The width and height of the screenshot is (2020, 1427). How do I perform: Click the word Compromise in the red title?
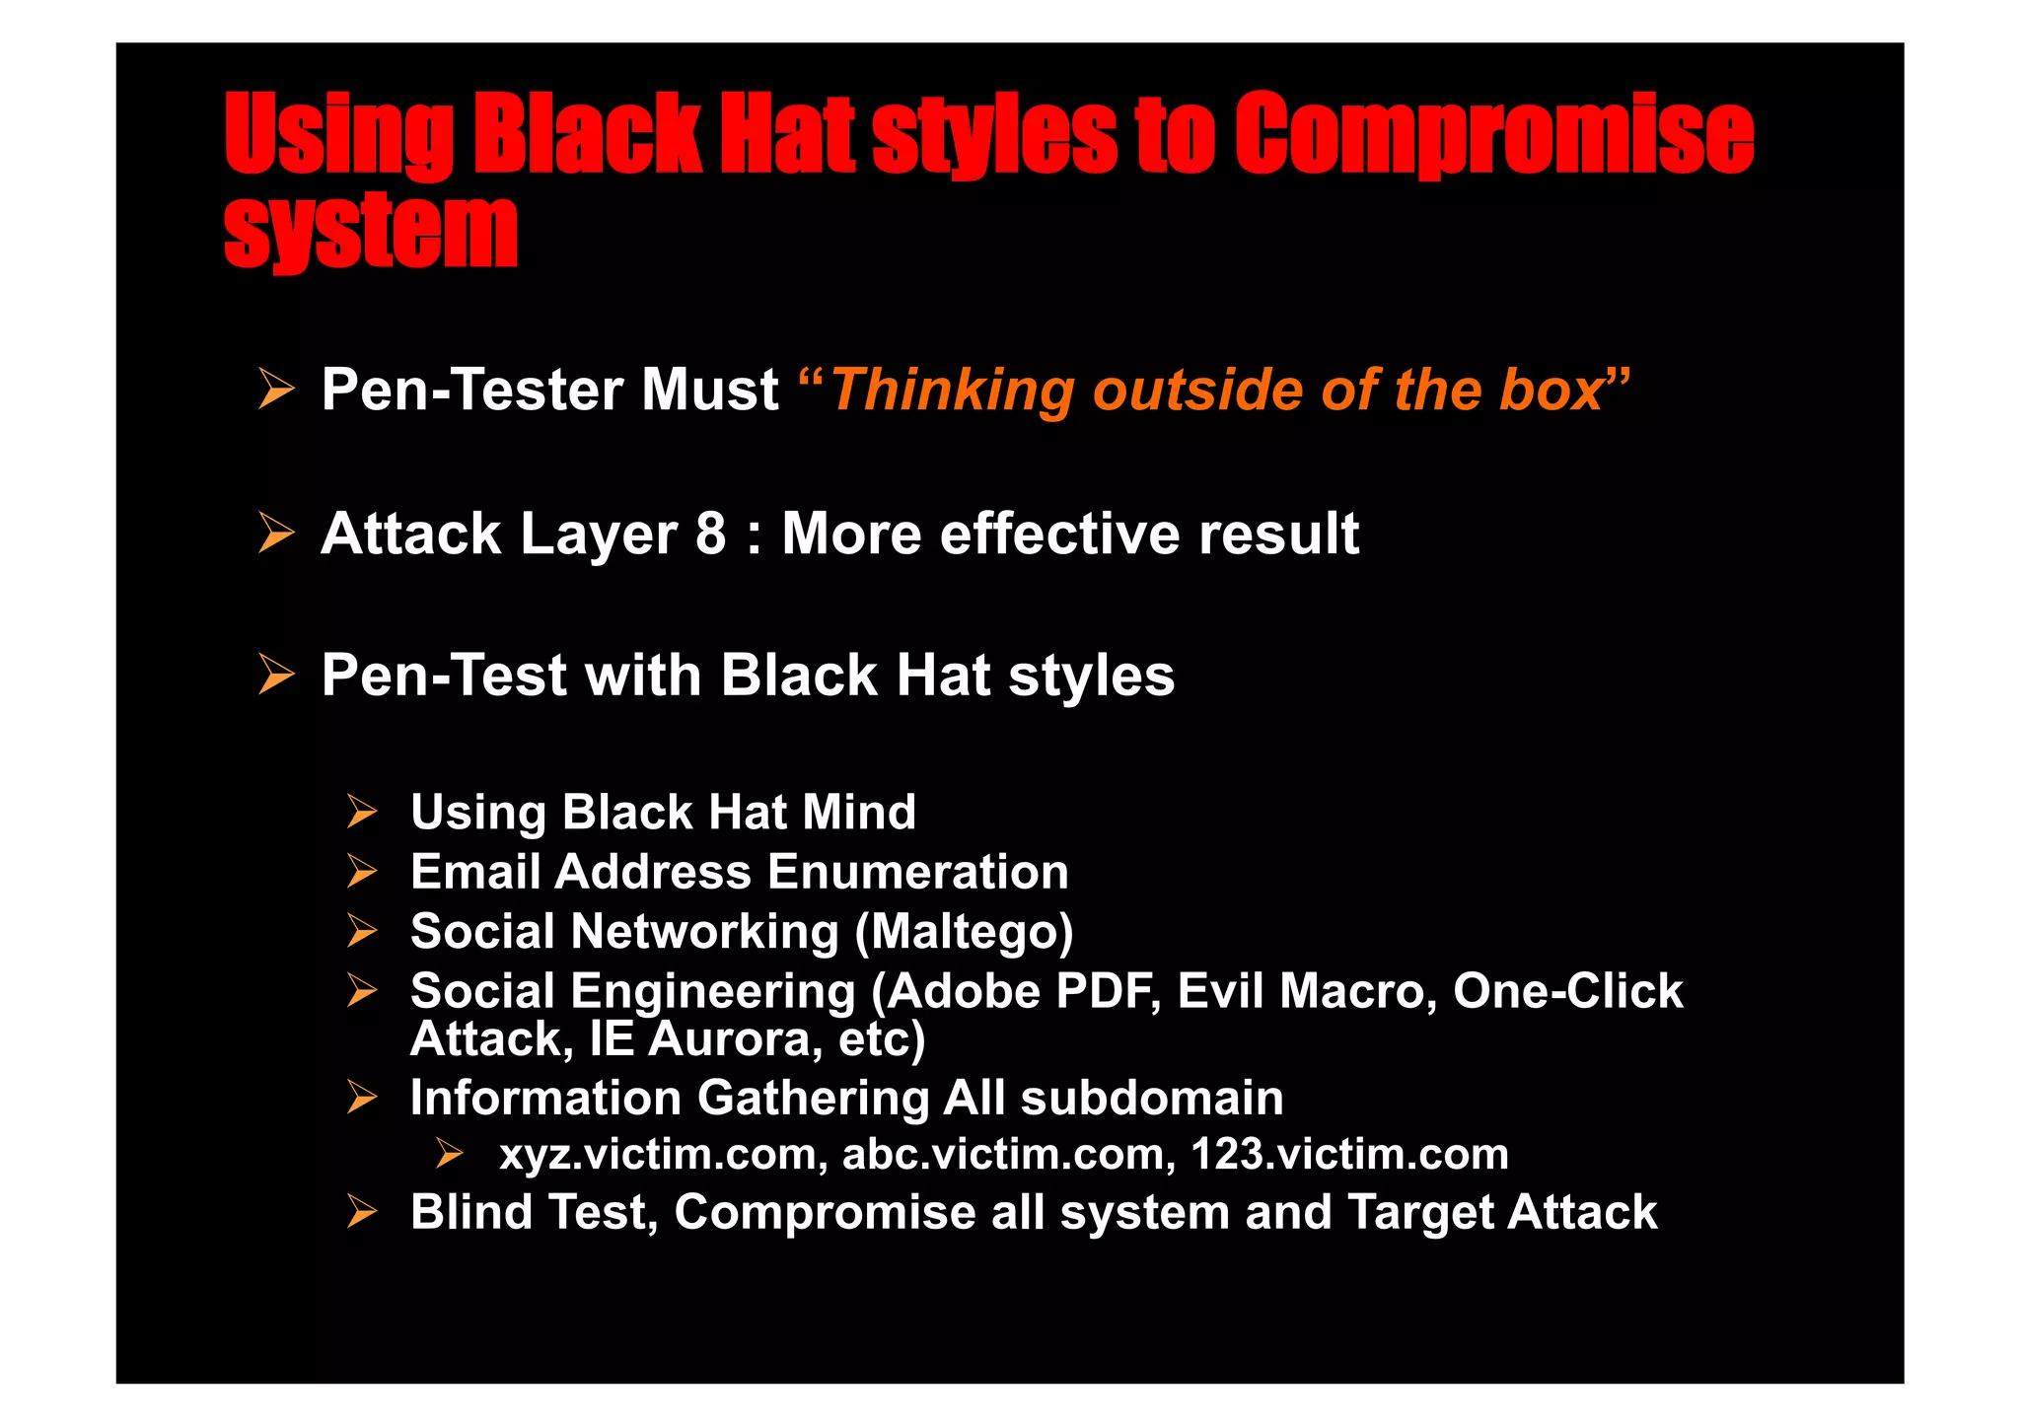pos(1493,135)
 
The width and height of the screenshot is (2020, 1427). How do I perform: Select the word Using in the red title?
pos(338,135)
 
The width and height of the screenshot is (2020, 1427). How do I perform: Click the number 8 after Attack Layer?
pos(710,534)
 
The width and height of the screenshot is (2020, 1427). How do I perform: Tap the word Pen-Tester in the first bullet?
pos(472,390)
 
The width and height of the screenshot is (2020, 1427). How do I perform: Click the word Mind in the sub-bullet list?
pos(859,813)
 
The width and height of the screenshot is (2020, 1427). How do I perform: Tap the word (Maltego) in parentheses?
pos(964,932)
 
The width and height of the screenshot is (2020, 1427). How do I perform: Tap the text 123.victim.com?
pos(1349,1154)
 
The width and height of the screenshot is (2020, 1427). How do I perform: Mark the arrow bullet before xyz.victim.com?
pos(450,1153)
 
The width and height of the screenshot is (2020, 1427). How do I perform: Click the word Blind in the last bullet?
pos(470,1212)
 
